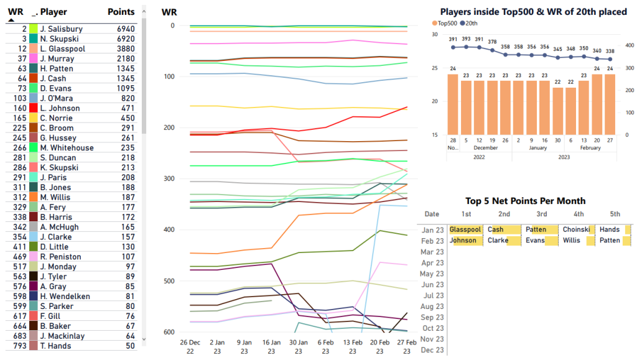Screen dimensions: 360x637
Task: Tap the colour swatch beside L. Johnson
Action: (33, 108)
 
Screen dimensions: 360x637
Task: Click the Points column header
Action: (121, 12)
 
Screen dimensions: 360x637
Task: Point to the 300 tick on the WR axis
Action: (168, 179)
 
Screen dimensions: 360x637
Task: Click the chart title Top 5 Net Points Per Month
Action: (525, 201)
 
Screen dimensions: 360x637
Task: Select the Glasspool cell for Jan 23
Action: (465, 229)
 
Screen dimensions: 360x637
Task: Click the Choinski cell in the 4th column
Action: (576, 229)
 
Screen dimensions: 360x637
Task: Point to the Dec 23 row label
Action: (432, 350)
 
